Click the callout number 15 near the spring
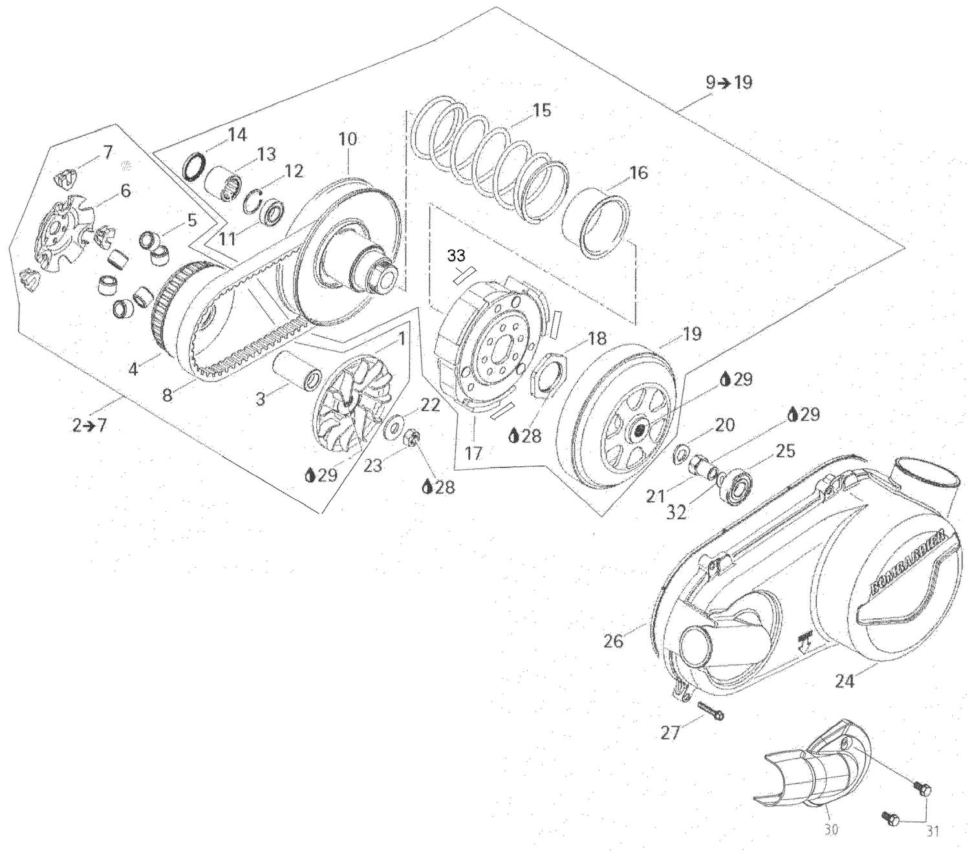pos(542,110)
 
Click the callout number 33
pos(456,255)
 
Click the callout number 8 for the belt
pos(167,394)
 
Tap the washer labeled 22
pos(393,429)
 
